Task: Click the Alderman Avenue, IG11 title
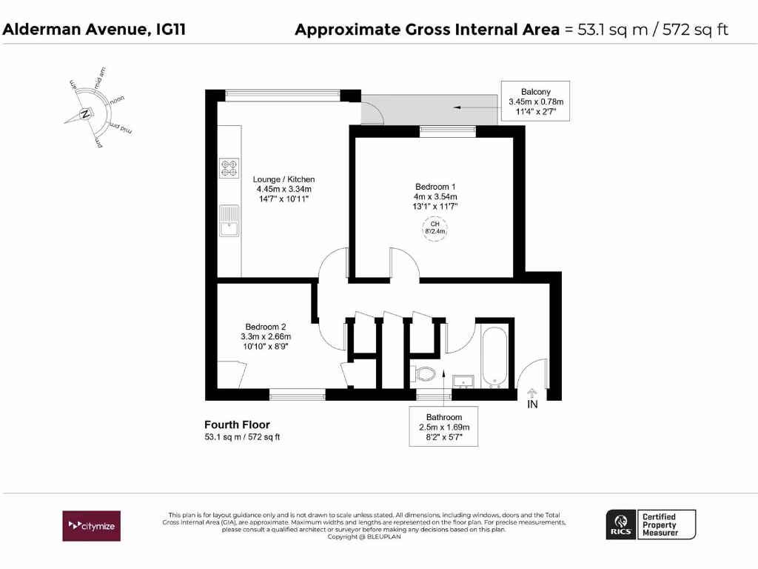95,30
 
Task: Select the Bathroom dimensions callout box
443,427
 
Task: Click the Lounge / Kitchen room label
284,189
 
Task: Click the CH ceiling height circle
435,227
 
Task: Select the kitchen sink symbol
228,220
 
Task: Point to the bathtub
494,357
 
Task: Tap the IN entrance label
532,405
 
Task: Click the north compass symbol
86,114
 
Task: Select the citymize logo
91,525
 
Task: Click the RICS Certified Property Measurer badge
651,525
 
